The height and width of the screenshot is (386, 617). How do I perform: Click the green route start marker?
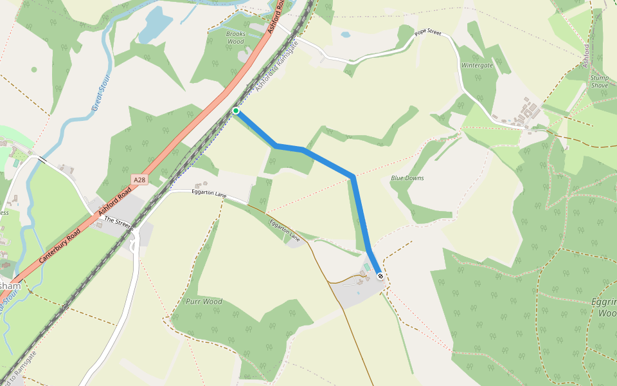(236, 111)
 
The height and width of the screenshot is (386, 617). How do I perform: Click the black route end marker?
(380, 276)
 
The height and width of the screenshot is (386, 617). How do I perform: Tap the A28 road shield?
(139, 180)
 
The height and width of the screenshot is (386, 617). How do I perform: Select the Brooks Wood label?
(236, 38)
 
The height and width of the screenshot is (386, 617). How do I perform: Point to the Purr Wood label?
(204, 301)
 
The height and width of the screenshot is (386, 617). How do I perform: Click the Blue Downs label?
(407, 178)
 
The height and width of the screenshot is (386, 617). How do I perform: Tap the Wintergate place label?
(477, 65)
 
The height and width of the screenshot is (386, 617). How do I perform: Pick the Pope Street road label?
(428, 32)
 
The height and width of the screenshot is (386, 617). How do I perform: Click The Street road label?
(118, 222)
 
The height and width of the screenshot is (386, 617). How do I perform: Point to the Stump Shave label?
(599, 82)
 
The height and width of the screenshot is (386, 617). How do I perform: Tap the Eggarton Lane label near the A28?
(210, 193)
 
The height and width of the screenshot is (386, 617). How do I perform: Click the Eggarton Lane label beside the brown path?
(285, 230)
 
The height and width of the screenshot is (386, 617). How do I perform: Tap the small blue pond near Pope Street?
(346, 35)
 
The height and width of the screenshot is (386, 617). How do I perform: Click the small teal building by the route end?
(366, 266)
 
